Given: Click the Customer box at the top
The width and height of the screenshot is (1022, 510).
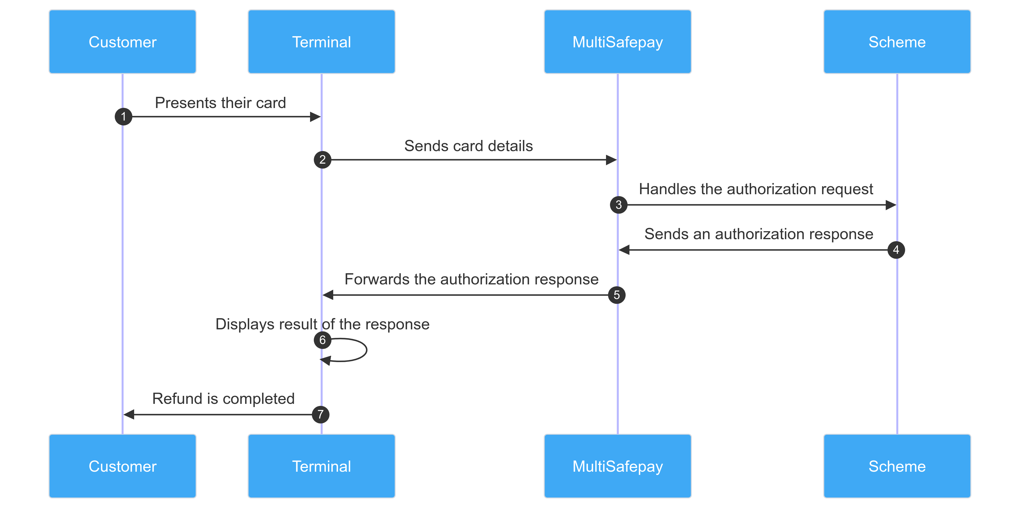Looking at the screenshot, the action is click(123, 42).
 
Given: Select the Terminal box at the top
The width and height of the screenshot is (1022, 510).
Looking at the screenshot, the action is click(321, 42).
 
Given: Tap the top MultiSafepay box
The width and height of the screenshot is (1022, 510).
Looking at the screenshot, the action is click(618, 42).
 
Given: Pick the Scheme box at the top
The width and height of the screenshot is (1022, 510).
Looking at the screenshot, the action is click(897, 42).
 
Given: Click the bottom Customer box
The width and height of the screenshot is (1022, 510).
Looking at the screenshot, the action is click(123, 466).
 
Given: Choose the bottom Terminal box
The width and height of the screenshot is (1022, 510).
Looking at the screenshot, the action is click(321, 466).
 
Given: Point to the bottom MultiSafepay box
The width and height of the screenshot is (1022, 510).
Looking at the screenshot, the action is click(618, 466).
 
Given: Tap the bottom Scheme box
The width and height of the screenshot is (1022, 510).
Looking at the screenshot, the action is click(897, 466).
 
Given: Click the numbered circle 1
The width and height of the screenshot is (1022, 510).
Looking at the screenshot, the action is click(123, 117).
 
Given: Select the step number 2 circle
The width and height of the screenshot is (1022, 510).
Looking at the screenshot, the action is click(323, 160).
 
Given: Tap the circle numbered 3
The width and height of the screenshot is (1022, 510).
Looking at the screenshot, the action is click(619, 205).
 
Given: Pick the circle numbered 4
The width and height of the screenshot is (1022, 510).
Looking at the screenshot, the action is click(896, 250).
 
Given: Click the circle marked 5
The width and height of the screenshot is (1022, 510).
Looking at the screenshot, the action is click(617, 295).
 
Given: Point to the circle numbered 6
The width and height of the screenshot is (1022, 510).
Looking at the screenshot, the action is click(323, 340).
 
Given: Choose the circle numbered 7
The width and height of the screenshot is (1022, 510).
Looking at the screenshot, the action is click(320, 414).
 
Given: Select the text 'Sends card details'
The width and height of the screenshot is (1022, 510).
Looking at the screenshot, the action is click(468, 146).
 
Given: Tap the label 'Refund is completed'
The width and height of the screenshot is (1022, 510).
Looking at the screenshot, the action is click(223, 399).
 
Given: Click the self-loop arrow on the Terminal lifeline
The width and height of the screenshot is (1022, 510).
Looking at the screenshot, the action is click(366, 350).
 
